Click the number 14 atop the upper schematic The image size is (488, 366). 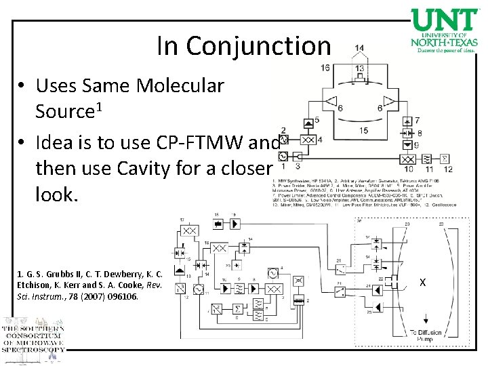(x=359, y=48)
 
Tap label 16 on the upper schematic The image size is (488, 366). (x=326, y=67)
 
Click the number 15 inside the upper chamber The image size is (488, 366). (x=364, y=130)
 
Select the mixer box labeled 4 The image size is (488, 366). (x=307, y=139)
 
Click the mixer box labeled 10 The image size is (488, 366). (x=408, y=158)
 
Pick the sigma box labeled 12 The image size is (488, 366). (x=445, y=158)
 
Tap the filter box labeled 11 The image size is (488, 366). (x=427, y=158)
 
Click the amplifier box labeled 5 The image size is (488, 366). (x=307, y=121)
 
